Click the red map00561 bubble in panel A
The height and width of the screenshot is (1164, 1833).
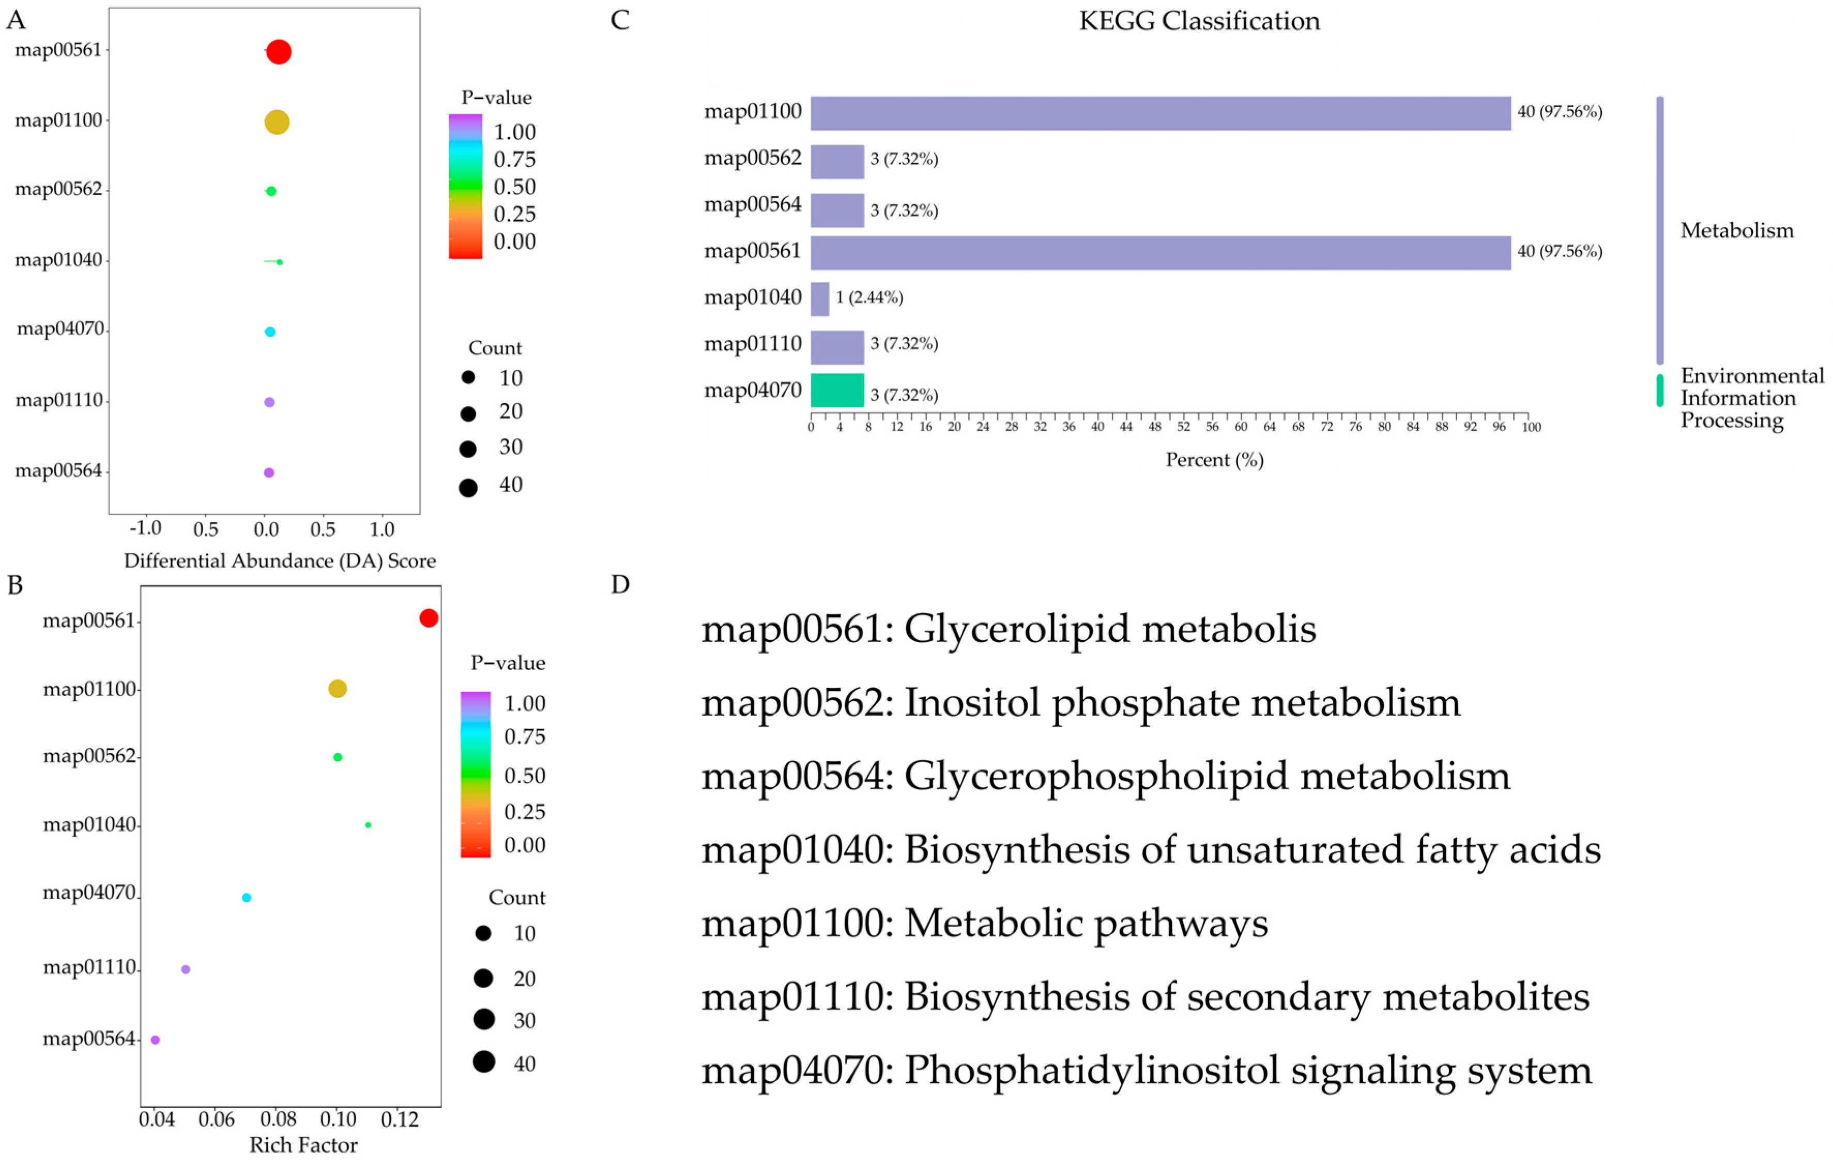tap(279, 52)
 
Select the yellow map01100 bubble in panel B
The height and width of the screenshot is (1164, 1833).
tap(337, 688)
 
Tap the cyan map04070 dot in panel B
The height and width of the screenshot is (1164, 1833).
tap(246, 898)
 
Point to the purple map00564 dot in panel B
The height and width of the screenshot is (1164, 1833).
tap(155, 1040)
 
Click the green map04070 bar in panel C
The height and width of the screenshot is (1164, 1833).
tap(836, 390)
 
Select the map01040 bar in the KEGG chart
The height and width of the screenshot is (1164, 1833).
tap(819, 298)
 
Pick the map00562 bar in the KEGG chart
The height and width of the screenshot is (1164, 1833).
tap(836, 161)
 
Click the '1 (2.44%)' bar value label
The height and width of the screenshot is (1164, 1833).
tap(869, 298)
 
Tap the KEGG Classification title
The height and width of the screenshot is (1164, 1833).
tap(1199, 21)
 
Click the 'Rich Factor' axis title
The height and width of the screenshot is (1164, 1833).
tap(303, 1145)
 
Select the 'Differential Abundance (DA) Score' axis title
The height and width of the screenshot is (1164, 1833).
tap(279, 561)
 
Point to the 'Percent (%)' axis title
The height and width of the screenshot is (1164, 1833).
tap(1214, 460)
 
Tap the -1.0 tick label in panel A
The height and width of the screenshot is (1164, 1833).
tap(145, 528)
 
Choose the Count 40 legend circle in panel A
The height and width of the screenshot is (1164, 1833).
tap(468, 488)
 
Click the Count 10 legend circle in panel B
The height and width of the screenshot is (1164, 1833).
tap(483, 933)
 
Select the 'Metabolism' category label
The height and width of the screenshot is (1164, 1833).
tap(1736, 231)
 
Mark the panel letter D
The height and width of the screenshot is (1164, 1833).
tap(620, 585)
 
